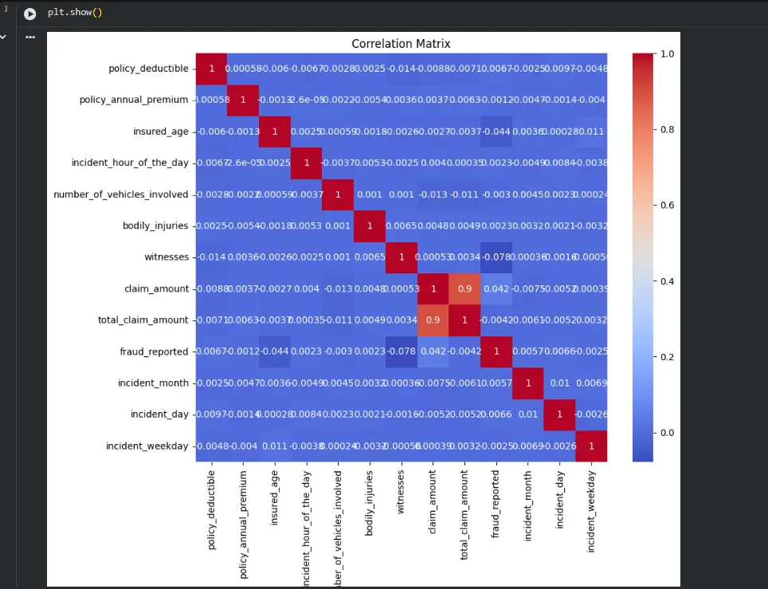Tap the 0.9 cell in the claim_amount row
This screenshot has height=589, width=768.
click(x=463, y=289)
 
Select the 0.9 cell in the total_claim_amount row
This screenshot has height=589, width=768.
click(x=432, y=320)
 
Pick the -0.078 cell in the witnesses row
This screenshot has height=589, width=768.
click(x=494, y=257)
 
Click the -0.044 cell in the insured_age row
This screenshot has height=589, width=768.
click(x=494, y=132)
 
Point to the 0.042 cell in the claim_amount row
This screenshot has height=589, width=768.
click(x=494, y=289)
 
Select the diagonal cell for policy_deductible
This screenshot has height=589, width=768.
click(x=212, y=69)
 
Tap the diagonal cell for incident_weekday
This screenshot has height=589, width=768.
click(x=590, y=446)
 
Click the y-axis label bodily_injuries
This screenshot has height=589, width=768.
click(x=156, y=226)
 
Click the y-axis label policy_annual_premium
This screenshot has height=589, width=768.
click(x=134, y=100)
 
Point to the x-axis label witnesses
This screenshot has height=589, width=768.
click(x=402, y=489)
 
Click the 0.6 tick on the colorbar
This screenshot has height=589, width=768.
click(x=667, y=205)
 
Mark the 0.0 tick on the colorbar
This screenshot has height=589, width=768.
click(x=667, y=433)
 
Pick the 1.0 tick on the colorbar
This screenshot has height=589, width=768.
click(x=667, y=53)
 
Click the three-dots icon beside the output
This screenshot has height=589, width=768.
click(x=30, y=37)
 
